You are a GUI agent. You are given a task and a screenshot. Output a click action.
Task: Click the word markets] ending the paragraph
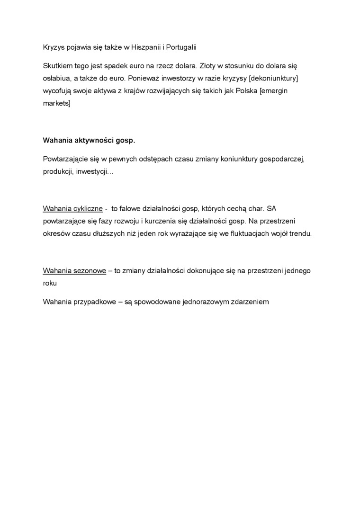[56, 102]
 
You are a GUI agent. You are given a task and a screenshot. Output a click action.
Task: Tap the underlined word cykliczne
[88, 208]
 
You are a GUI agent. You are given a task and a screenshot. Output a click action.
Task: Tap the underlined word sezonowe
[90, 270]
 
